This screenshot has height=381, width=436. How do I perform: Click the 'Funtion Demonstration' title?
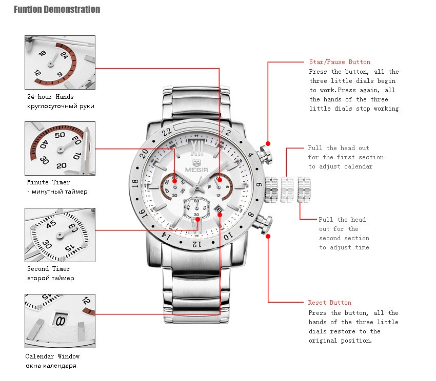pyautogui.click(x=57, y=9)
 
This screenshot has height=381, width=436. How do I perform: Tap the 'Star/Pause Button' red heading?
pyautogui.click(x=340, y=62)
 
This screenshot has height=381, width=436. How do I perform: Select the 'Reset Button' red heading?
pyautogui.click(x=329, y=303)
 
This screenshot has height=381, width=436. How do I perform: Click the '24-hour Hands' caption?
pyautogui.click(x=50, y=97)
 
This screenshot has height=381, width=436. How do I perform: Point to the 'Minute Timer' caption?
pyautogui.click(x=48, y=182)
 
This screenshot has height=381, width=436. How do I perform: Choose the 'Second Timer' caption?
pyautogui.click(x=48, y=268)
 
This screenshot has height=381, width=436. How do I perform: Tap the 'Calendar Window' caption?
pyautogui.click(x=52, y=356)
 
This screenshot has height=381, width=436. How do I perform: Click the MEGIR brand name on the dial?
pyautogui.click(x=196, y=170)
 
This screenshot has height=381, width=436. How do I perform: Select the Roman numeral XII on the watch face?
pyautogui.click(x=197, y=148)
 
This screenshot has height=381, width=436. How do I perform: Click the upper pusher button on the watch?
pyautogui.click(x=265, y=155)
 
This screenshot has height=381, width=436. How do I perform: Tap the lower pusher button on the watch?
pyautogui.click(x=265, y=224)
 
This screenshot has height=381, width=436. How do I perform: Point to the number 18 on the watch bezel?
pyautogui.click(x=135, y=183)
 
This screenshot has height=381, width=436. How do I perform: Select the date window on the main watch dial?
pyautogui.click(x=219, y=209)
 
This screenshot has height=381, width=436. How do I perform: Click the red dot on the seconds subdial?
pyautogui.click(x=197, y=219)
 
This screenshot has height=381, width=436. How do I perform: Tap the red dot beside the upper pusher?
pyautogui.click(x=268, y=143)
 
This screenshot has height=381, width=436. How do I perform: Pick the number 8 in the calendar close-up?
pyautogui.click(x=61, y=321)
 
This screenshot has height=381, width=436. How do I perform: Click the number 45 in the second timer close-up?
pyautogui.click(x=51, y=224)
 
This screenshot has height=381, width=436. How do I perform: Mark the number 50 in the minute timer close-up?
pyautogui.click(x=60, y=135)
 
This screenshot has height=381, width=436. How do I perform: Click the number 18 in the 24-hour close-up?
pyautogui.click(x=42, y=53)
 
